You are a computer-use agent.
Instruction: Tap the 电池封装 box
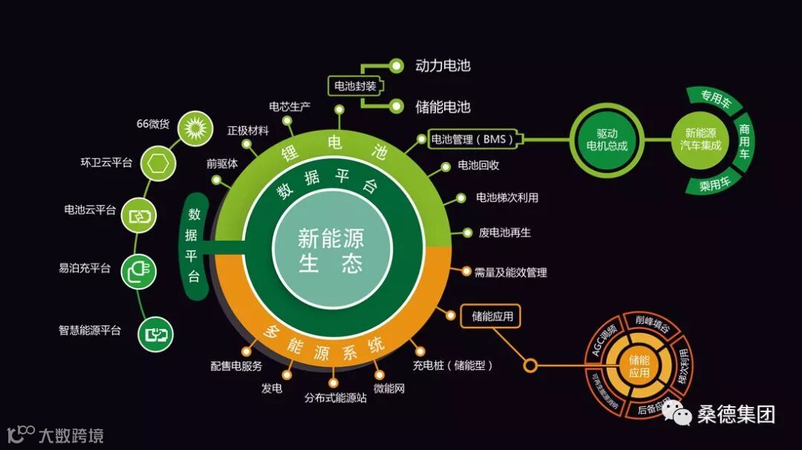click(x=355, y=85)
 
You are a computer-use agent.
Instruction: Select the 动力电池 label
click(x=443, y=65)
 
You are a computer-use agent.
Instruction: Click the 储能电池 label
click(x=443, y=107)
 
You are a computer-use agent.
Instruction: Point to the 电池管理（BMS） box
click(x=476, y=139)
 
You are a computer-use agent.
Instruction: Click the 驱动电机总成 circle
click(x=607, y=139)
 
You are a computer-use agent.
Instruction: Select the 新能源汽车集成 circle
click(x=700, y=139)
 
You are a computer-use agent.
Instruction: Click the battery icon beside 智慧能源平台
click(x=157, y=333)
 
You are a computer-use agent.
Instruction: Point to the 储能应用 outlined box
click(x=491, y=316)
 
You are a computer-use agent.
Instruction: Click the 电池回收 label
click(x=478, y=165)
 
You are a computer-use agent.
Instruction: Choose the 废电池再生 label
click(x=504, y=232)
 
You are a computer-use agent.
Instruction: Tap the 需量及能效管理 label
click(x=510, y=273)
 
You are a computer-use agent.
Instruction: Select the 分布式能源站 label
click(x=336, y=398)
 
